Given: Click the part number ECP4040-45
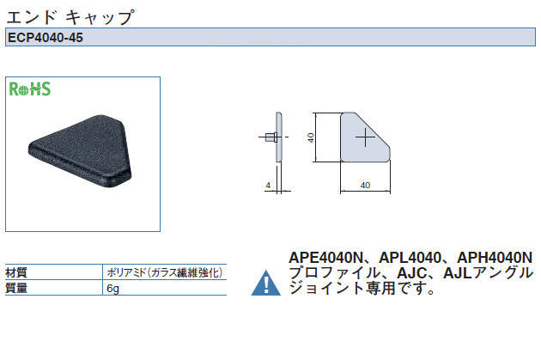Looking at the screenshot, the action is [46, 37].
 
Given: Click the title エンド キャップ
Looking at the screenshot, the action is [70, 17].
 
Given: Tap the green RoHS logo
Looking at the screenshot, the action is [30, 88].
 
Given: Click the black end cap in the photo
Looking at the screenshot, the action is [81, 151].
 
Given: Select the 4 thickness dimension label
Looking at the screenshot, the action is [268, 186].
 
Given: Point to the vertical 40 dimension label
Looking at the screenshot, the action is [311, 137].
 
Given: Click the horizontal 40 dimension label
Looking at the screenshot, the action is [365, 186].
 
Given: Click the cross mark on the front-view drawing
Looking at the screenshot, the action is [365, 137].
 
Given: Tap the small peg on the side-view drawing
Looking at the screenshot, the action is [270, 137].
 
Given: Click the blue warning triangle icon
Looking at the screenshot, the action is [266, 283].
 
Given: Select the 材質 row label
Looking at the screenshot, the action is [16, 272].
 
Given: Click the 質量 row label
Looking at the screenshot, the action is [16, 288].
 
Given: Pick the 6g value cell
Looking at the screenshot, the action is [112, 288].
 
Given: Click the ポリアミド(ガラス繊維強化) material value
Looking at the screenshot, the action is [165, 272].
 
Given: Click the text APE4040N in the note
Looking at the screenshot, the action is [326, 258].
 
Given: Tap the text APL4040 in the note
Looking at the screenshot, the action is [410, 258].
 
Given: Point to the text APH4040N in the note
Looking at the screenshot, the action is [495, 258].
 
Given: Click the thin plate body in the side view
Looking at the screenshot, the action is [279, 137].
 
